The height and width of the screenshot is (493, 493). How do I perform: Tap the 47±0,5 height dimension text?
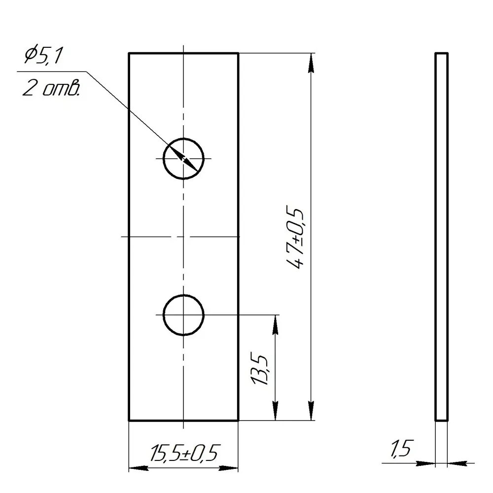(x=297, y=238)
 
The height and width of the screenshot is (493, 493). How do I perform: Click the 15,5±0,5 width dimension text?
(x=184, y=452)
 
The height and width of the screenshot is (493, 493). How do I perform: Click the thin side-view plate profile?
(x=441, y=237)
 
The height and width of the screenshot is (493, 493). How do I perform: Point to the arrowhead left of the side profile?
(x=426, y=463)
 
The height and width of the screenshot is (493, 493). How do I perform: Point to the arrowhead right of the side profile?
(x=457, y=463)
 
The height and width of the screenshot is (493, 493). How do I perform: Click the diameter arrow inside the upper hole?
(x=184, y=159)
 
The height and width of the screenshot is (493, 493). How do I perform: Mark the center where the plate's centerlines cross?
(x=183, y=237)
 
